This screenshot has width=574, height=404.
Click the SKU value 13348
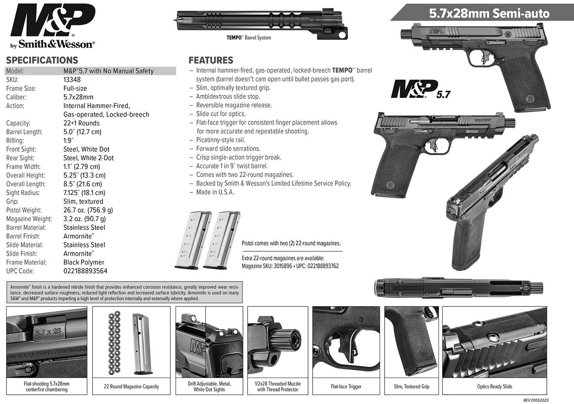click(72, 80)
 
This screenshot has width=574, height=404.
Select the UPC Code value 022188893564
click(85, 271)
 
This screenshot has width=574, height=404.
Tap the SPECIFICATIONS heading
click(42, 60)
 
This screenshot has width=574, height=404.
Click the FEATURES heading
click(211, 60)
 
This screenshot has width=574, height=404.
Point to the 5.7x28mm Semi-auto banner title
click(489, 13)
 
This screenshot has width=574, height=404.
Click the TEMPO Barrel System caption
click(249, 37)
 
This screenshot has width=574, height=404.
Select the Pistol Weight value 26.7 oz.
click(88, 210)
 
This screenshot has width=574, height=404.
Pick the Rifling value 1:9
click(68, 140)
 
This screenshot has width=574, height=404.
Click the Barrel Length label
click(24, 132)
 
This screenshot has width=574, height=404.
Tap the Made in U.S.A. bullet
click(215, 192)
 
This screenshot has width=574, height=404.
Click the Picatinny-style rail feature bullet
click(221, 140)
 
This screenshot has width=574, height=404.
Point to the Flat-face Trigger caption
click(346, 386)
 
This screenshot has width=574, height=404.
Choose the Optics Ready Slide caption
click(494, 386)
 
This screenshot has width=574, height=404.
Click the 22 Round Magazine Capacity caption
click(131, 386)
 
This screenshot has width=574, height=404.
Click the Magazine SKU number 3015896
click(283, 266)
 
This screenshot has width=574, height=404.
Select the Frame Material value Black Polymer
click(84, 262)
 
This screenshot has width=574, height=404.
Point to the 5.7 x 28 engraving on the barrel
click(47, 332)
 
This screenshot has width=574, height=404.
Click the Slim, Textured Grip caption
click(411, 386)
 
